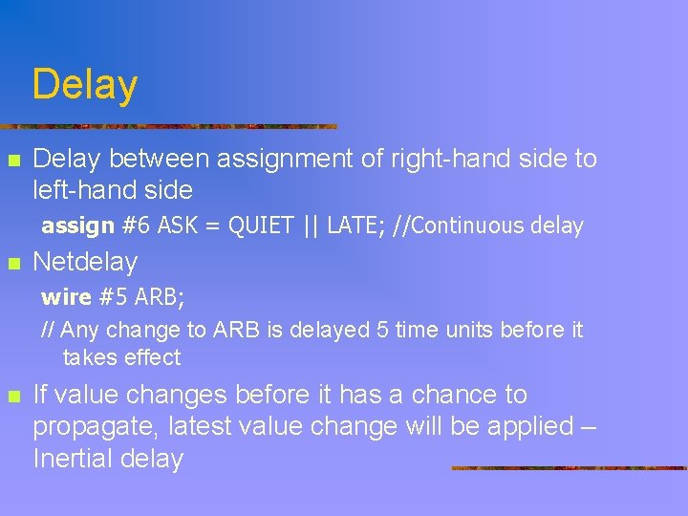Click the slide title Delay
tap(84, 85)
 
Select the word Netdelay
tap(85, 262)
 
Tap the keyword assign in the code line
tap(77, 226)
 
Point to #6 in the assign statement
tap(136, 226)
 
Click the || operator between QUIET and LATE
tap(311, 226)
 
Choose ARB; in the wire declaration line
tap(160, 297)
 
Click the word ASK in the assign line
tap(176, 226)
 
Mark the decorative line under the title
tap(168, 126)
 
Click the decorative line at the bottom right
tap(569, 468)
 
